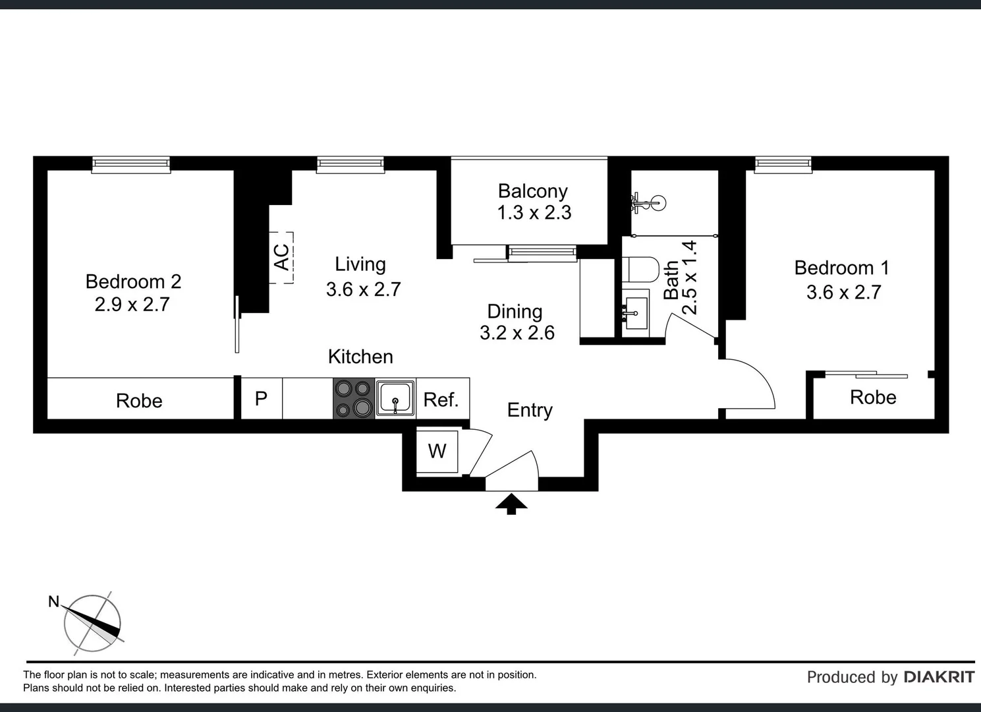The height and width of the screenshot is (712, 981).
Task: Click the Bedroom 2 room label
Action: tap(134, 282)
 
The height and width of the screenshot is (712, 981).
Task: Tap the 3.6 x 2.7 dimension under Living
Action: tap(364, 289)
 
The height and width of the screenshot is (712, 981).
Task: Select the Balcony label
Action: tap(533, 191)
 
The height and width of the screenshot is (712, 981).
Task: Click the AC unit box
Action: tap(281, 258)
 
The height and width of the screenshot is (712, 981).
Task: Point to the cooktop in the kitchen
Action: tap(354, 398)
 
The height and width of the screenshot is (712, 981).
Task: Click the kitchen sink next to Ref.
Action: tap(395, 398)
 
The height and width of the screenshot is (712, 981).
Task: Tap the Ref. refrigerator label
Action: tap(441, 400)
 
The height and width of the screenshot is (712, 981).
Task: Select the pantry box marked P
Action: tap(262, 398)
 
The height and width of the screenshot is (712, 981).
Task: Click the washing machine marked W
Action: tap(437, 452)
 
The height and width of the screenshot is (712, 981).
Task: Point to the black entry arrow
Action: tap(511, 504)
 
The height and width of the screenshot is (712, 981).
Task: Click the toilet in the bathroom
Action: tap(641, 270)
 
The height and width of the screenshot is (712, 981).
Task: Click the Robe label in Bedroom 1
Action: tap(873, 398)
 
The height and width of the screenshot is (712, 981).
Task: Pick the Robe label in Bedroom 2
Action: tap(139, 401)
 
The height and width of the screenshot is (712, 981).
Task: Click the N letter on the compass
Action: tap(53, 602)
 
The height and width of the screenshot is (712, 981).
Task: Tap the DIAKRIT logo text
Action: tap(939, 677)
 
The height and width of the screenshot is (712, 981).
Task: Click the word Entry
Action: tap(530, 411)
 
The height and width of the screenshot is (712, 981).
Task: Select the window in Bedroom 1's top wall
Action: tap(783, 164)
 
